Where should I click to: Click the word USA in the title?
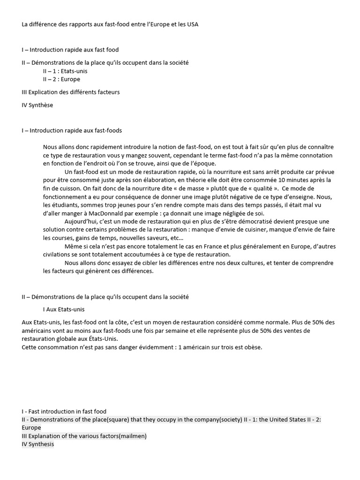pyautogui.click(x=192, y=24)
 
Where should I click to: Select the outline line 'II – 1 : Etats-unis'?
pyautogui.click(x=65, y=71)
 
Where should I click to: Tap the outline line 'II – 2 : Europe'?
pyautogui.click(x=61, y=79)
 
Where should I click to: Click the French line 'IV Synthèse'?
pyautogui.click(x=37, y=105)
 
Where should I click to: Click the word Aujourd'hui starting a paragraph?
pyautogui.click(x=80, y=221)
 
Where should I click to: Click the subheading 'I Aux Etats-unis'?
pyautogui.click(x=64, y=309)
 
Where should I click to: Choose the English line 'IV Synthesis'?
pyautogui.click(x=37, y=444)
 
